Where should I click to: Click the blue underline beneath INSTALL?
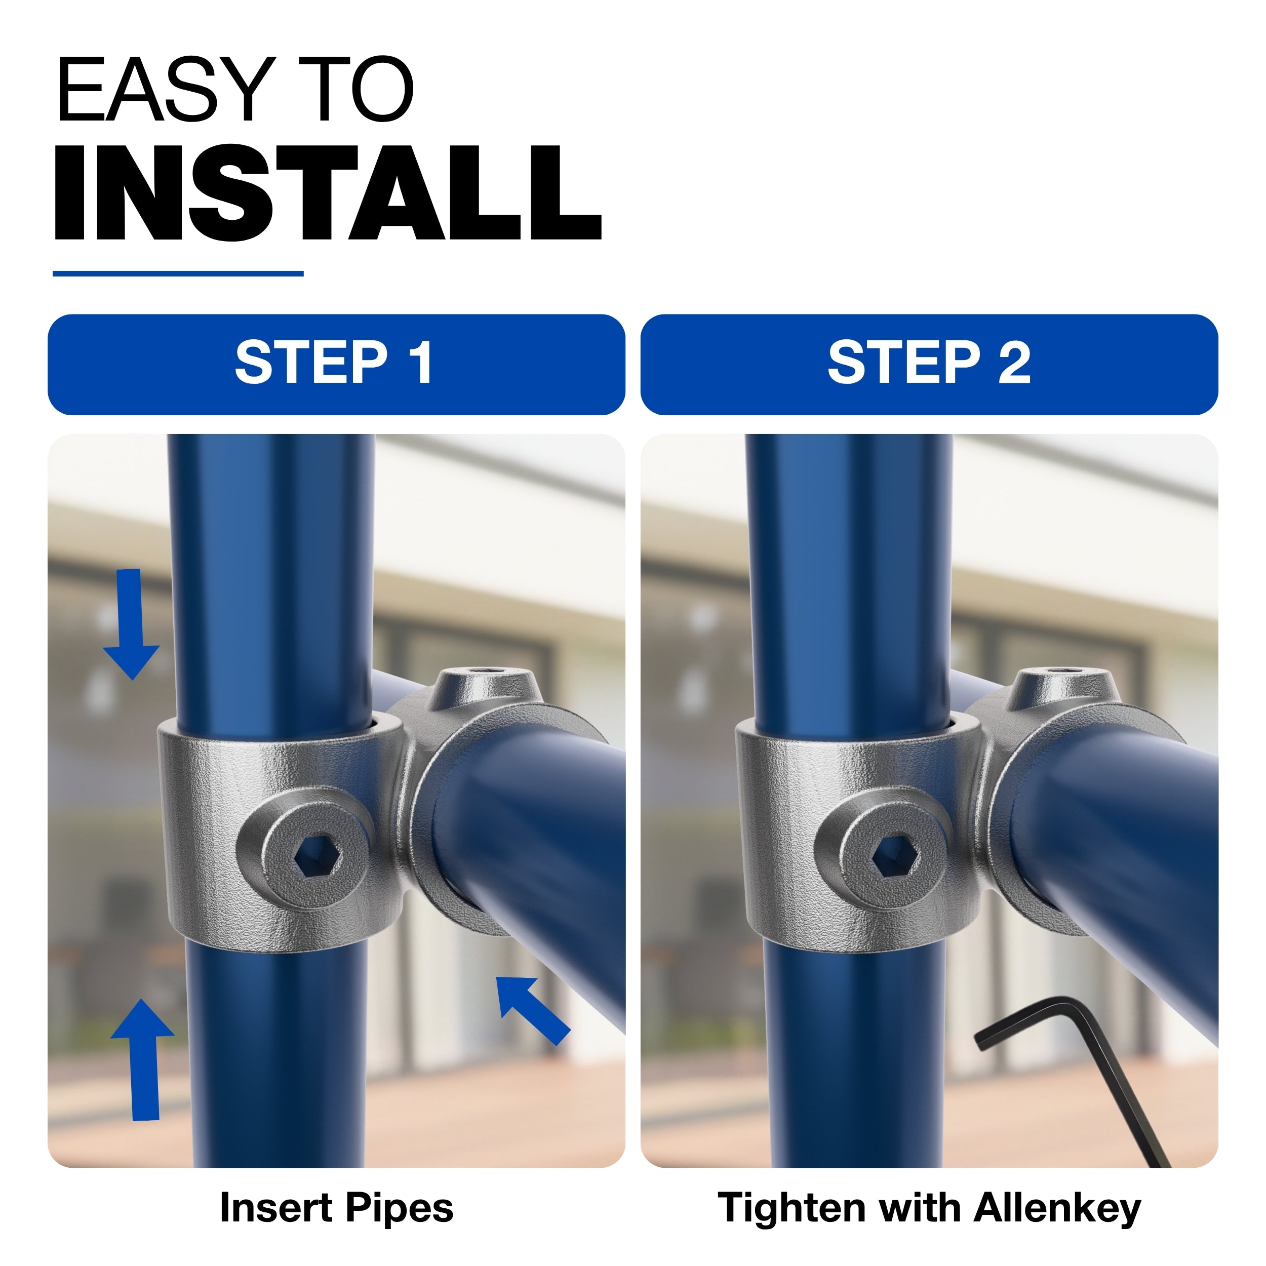pyautogui.click(x=178, y=273)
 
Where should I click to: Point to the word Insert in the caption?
pyautogui.click(x=276, y=1207)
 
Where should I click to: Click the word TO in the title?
pyautogui.click(x=357, y=89)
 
